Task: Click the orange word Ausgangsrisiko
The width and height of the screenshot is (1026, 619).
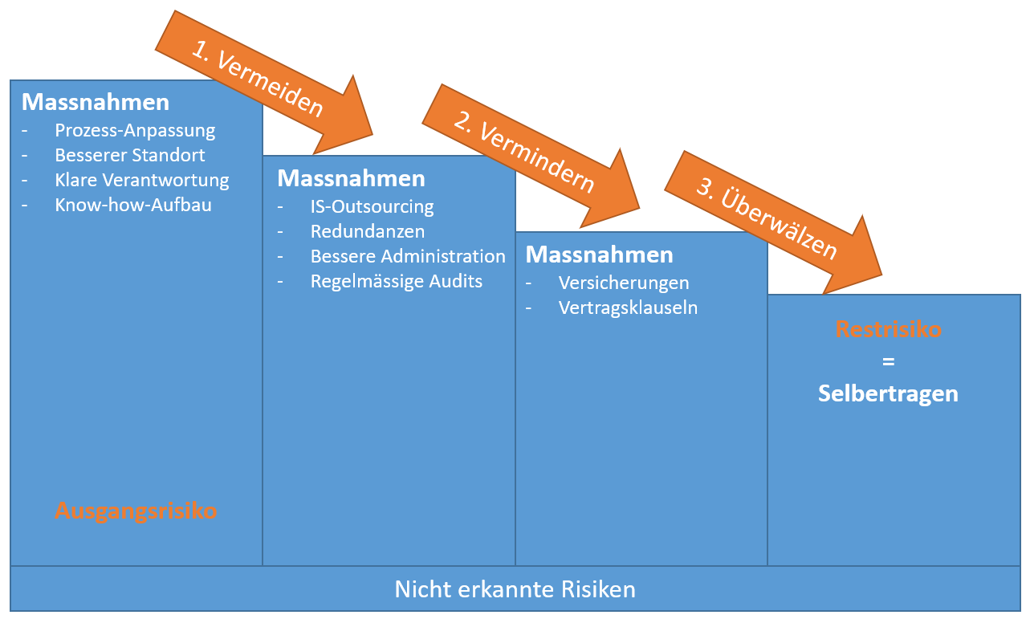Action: [x=136, y=511]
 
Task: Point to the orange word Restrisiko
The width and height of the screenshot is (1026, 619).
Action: [x=888, y=329]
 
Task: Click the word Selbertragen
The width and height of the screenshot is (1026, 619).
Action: [x=888, y=393]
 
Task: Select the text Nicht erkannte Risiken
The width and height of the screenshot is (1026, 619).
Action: [x=515, y=589]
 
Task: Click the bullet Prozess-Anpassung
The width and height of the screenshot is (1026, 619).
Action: [x=135, y=130]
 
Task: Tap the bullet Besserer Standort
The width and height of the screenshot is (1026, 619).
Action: [x=130, y=155]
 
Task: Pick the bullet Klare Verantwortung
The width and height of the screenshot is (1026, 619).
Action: [x=142, y=180]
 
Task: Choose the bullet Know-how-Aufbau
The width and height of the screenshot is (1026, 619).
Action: [x=133, y=205]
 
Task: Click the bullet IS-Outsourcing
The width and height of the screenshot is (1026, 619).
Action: [x=372, y=206]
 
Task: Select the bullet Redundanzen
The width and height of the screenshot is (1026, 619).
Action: [x=368, y=231]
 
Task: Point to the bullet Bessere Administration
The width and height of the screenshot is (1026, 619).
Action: [x=408, y=256]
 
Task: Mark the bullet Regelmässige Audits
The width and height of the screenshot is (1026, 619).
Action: [x=397, y=281]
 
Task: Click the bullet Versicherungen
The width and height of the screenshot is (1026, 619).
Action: [x=624, y=283]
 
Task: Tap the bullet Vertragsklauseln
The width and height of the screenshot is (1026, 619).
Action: [x=628, y=307]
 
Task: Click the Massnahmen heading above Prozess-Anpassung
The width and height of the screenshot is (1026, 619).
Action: [x=96, y=102]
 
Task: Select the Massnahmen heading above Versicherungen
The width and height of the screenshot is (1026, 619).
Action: [x=600, y=255]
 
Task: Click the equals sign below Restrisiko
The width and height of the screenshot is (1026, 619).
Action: [x=888, y=361]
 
